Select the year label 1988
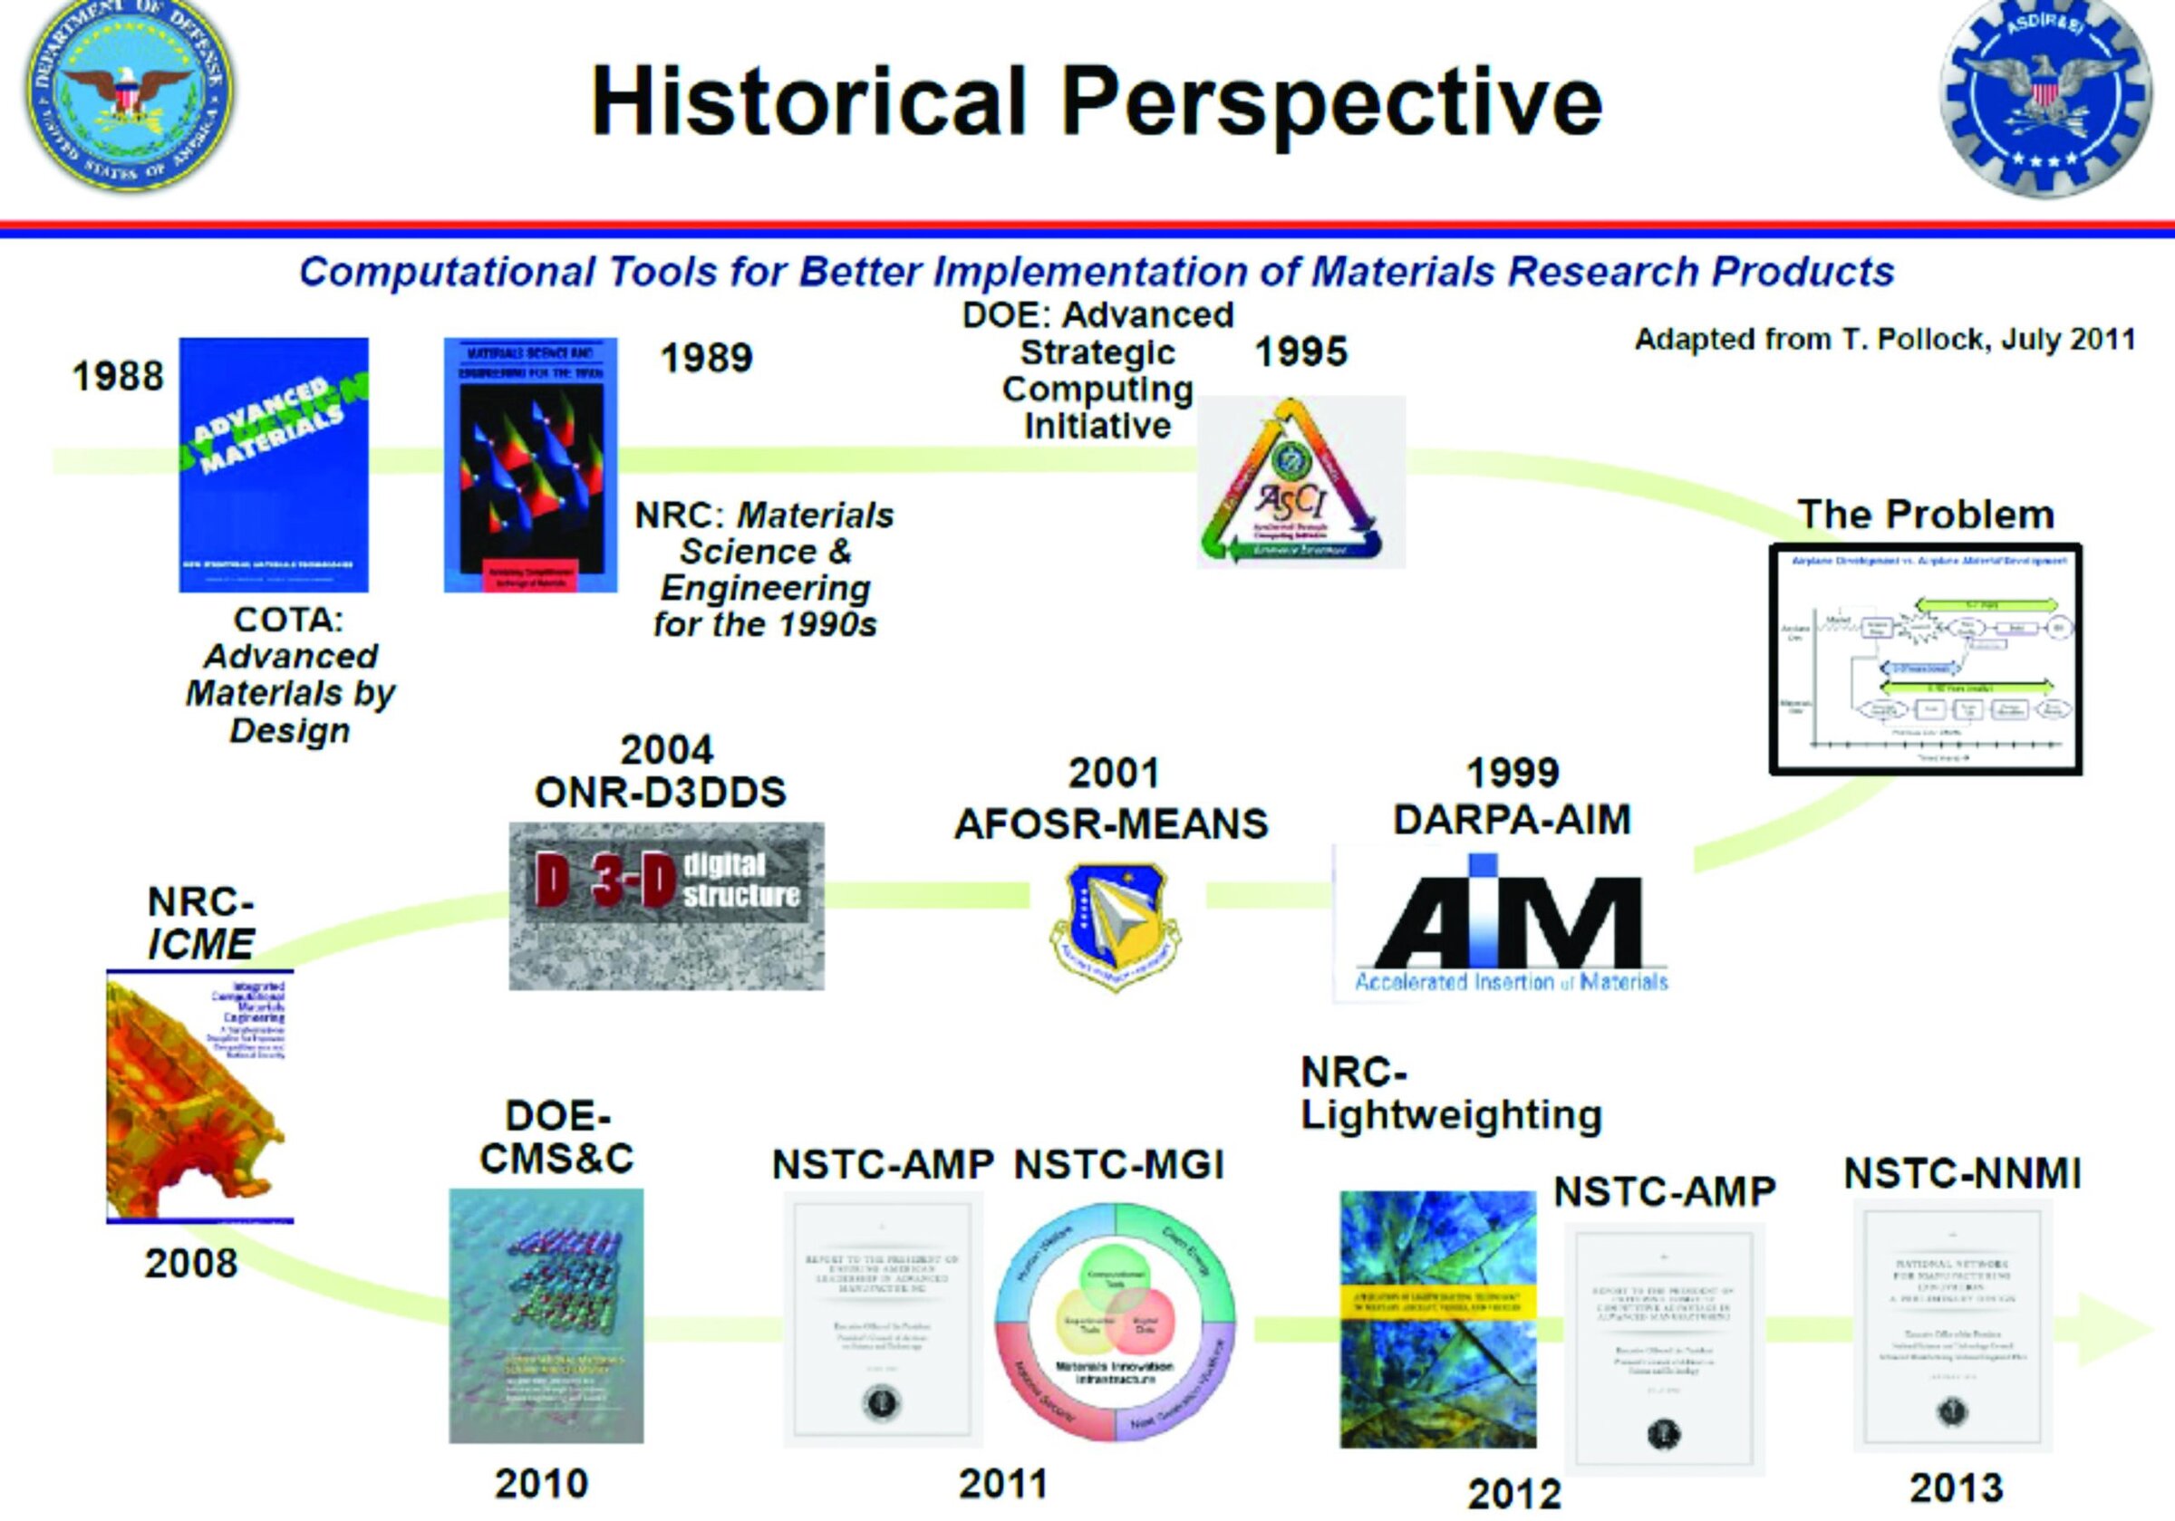pyautogui.click(x=118, y=377)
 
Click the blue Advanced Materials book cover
pyautogui.click(x=274, y=464)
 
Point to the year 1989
pyautogui.click(x=706, y=358)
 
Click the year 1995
pyautogui.click(x=1300, y=352)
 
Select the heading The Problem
pyautogui.click(x=1926, y=515)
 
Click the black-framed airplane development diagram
pyautogui.click(x=1925, y=659)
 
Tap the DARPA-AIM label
pyautogui.click(x=1512, y=820)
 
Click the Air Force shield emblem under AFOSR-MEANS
pyautogui.click(x=1114, y=924)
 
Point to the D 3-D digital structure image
pyautogui.click(x=666, y=905)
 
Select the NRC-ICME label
pyautogui.click(x=201, y=923)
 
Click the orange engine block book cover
pyautogui.click(x=200, y=1096)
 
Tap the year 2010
pyautogui.click(x=541, y=1483)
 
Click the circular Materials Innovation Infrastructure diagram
pyautogui.click(x=1115, y=1321)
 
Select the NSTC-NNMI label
pyautogui.click(x=1962, y=1174)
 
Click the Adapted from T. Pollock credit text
pyautogui.click(x=1884, y=339)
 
